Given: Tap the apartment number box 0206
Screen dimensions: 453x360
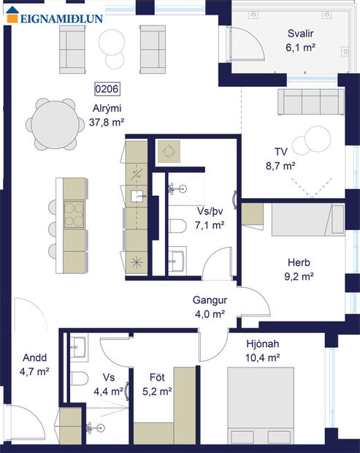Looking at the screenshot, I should click(107, 90).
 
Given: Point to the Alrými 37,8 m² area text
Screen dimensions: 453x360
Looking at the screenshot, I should click(107, 116).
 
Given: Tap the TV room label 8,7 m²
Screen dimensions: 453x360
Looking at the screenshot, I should click(280, 159).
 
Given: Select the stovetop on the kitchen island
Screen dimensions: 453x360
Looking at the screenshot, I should click(74, 213).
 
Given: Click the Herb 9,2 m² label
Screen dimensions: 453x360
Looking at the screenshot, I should click(299, 270).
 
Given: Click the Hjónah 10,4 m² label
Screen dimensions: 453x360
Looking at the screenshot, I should click(264, 351).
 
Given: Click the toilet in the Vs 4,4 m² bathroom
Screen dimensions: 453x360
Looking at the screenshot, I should click(80, 378).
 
